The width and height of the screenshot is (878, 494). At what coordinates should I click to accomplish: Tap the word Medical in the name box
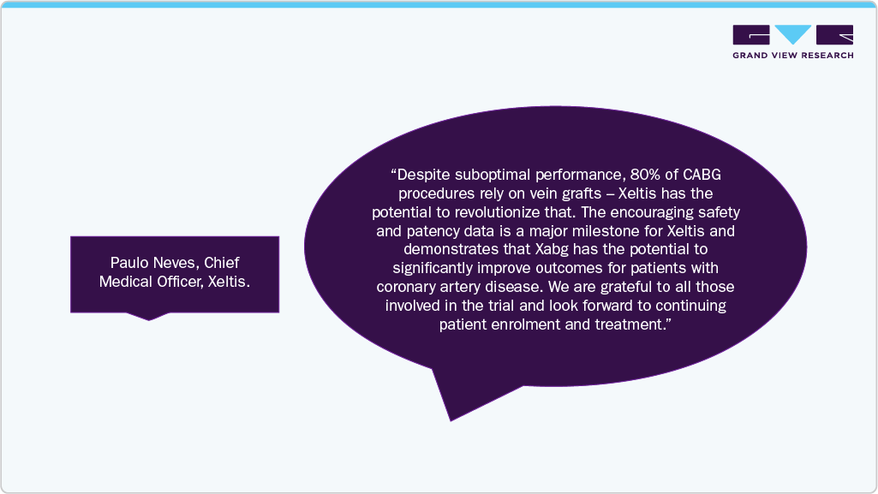pyautogui.click(x=124, y=281)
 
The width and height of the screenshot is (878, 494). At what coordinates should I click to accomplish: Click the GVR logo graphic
pyautogui.click(x=792, y=35)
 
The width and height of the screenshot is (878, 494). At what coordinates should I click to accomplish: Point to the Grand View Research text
pyautogui.click(x=792, y=56)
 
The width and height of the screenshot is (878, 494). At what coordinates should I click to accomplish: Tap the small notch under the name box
pyautogui.click(x=149, y=316)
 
